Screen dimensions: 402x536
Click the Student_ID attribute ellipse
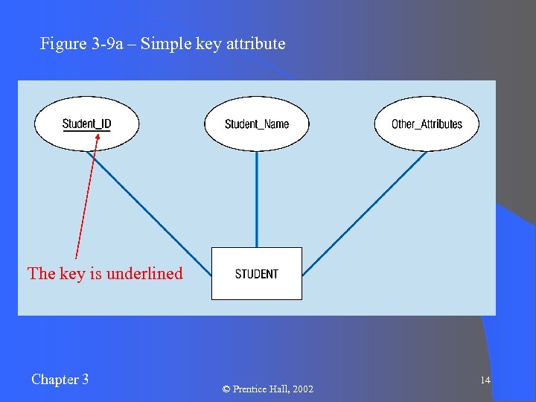[86, 124]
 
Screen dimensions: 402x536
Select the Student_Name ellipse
[257, 124]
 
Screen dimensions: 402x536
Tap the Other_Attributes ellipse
[427, 124]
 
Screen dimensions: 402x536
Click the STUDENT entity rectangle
[257, 273]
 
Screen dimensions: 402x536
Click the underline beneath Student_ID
[86, 131]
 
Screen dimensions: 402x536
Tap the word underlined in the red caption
[144, 273]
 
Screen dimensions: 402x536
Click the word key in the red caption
[72, 273]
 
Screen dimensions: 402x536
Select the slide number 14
[485, 380]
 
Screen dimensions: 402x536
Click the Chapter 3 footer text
[60, 380]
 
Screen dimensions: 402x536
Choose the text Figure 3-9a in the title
[74, 44]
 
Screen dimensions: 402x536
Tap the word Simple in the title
[166, 44]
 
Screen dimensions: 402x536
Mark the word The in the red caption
[41, 273]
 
